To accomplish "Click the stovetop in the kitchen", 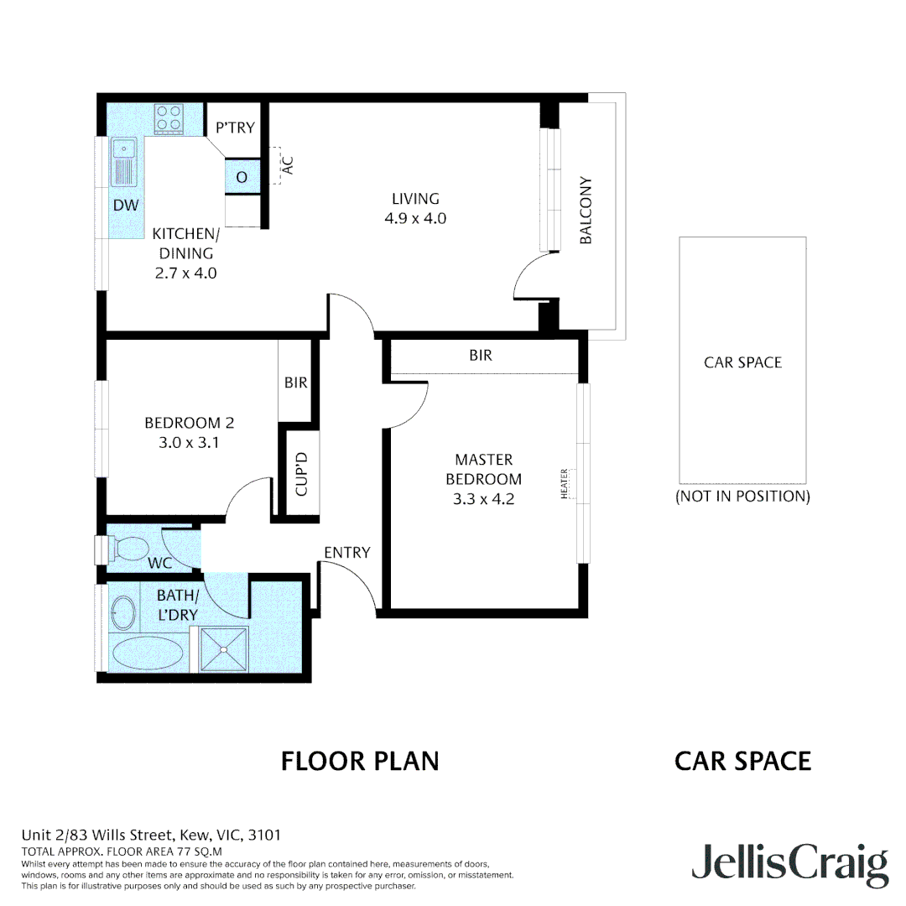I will tap(169, 118).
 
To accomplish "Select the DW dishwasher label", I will tap(126, 206).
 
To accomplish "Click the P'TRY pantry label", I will tap(234, 128).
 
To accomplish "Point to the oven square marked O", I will tap(242, 178).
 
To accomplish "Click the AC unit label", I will tap(288, 165).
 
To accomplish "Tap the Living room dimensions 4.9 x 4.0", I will tap(415, 218).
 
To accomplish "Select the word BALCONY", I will tap(586, 211).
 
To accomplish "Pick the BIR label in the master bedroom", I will tap(481, 356).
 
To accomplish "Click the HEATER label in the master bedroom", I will tap(565, 485).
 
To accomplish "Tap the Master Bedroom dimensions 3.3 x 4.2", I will tap(483, 498).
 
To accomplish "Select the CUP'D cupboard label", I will tap(303, 473).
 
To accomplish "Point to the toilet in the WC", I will tap(128, 549).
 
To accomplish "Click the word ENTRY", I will tap(346, 552).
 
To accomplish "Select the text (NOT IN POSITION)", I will tap(742, 496).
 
